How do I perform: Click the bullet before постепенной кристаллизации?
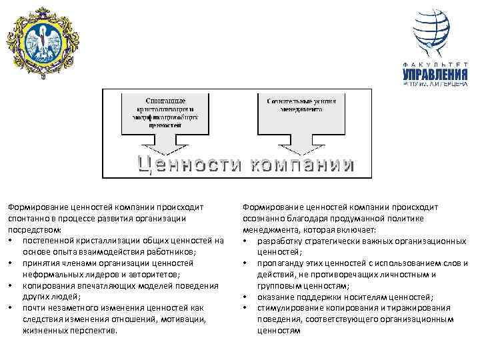12,240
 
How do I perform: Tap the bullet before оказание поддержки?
246,297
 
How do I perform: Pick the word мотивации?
180,319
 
